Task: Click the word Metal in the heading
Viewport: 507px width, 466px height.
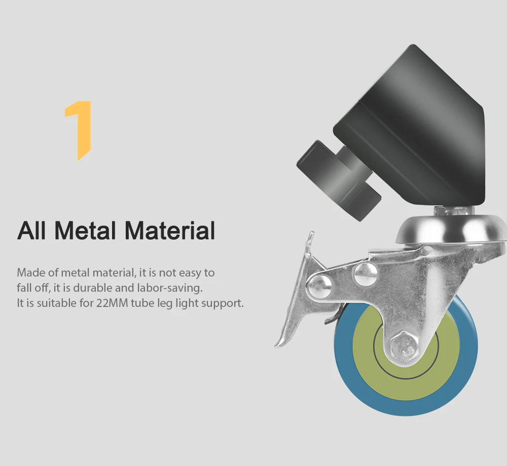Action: (85, 230)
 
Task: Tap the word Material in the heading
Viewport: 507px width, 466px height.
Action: (170, 230)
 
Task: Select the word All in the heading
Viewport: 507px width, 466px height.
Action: (31, 230)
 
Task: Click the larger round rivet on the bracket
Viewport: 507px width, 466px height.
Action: (366, 275)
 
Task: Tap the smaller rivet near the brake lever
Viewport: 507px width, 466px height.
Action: (320, 287)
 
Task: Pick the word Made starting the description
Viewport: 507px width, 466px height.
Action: (31, 273)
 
